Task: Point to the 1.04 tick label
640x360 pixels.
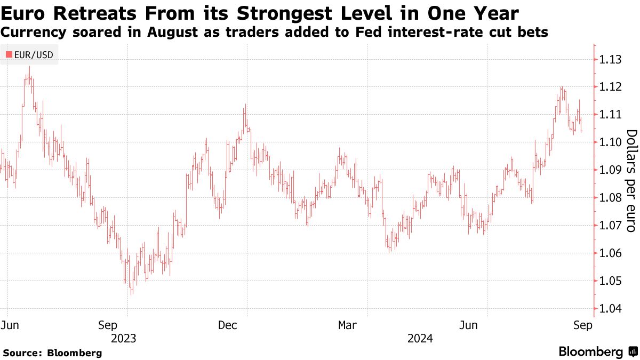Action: (609, 309)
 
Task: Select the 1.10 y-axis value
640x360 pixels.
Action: (609, 142)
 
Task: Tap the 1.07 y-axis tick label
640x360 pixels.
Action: (609, 226)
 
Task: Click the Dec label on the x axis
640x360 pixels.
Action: (228, 325)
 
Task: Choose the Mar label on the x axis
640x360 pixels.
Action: (347, 325)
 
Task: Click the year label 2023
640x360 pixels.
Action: (123, 338)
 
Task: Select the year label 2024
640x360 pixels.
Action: (420, 338)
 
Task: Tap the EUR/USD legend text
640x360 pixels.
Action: (34, 55)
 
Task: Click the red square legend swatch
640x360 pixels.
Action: (9, 55)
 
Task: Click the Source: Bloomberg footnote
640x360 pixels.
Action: (52, 353)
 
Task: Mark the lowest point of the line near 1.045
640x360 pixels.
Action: (131, 293)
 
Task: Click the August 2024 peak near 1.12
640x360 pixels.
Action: (562, 86)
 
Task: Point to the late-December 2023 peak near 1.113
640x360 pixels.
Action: (245, 105)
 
